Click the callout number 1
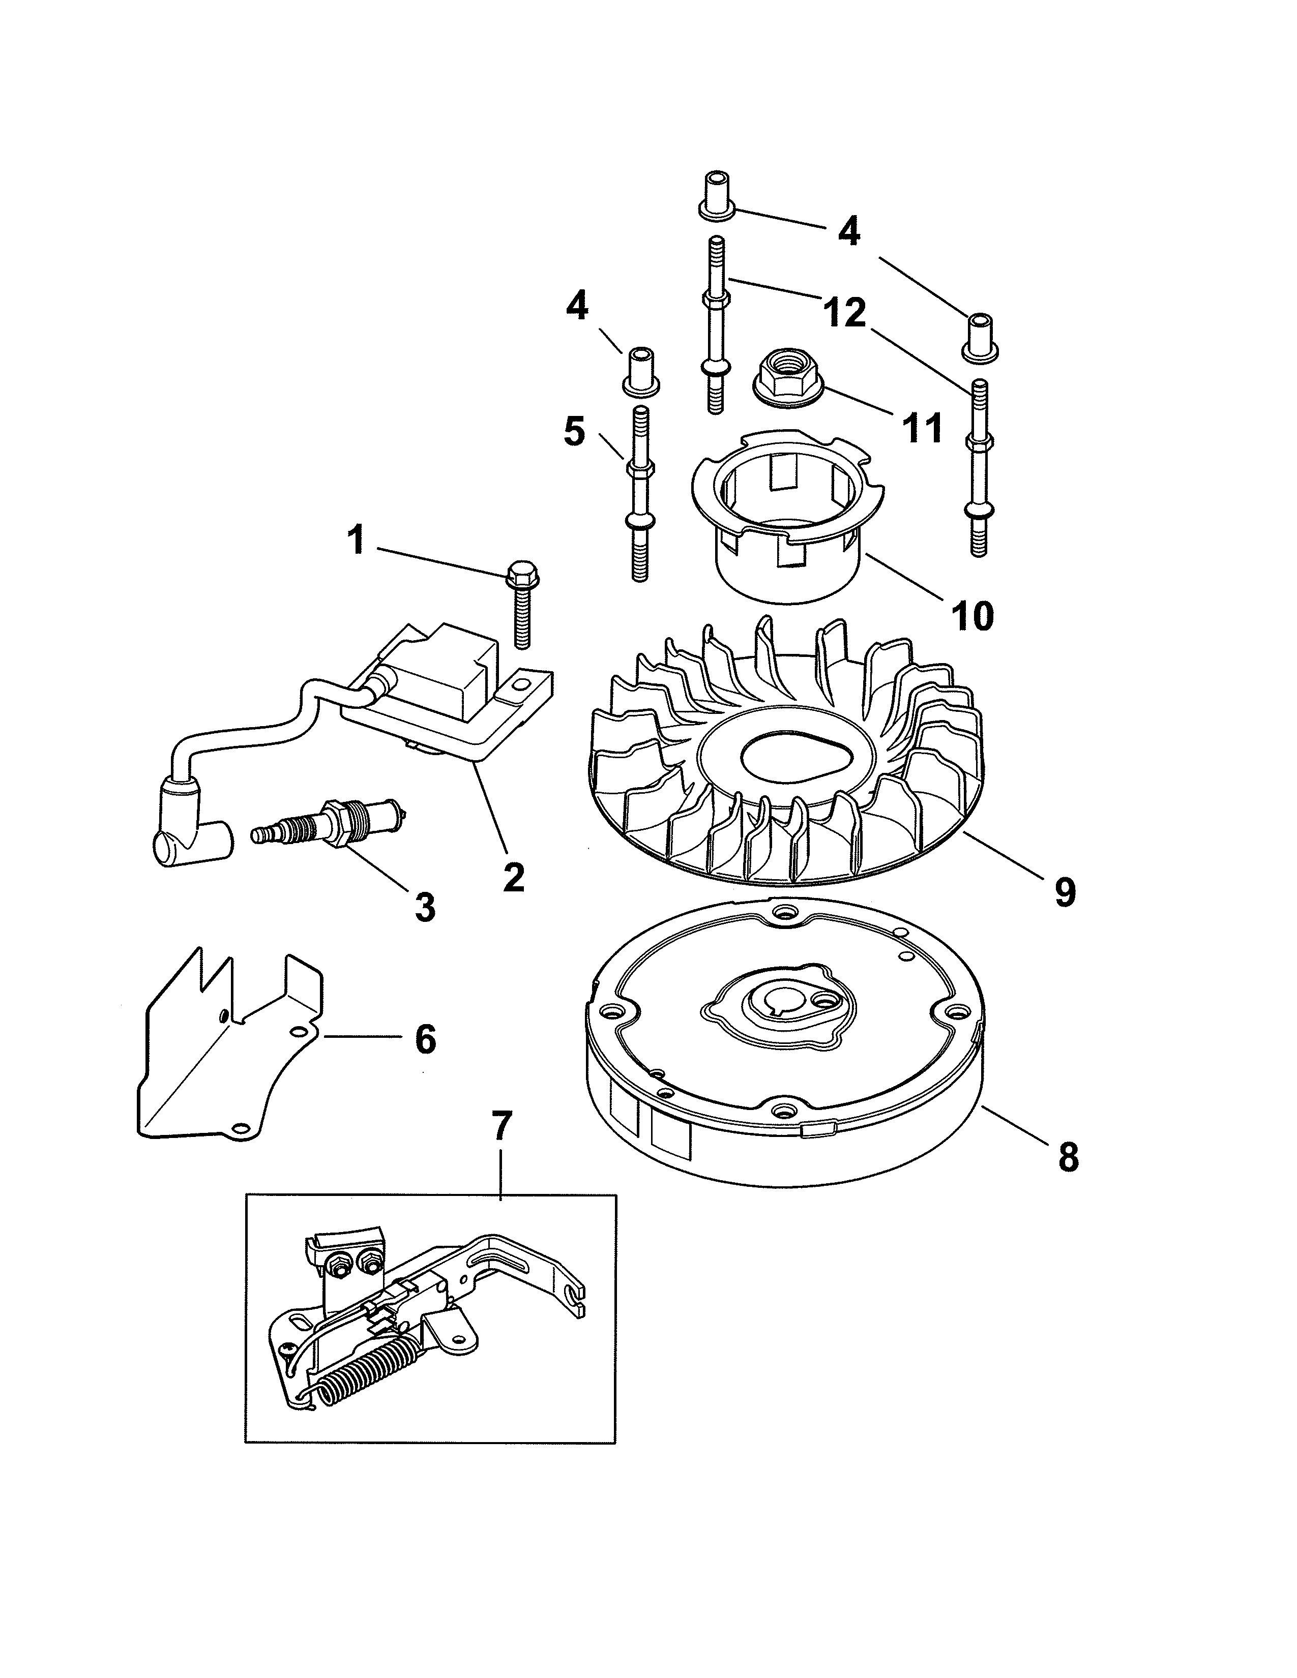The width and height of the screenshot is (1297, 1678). coord(356,540)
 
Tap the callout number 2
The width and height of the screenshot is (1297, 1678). coord(513,877)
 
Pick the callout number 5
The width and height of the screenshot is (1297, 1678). coord(574,432)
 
